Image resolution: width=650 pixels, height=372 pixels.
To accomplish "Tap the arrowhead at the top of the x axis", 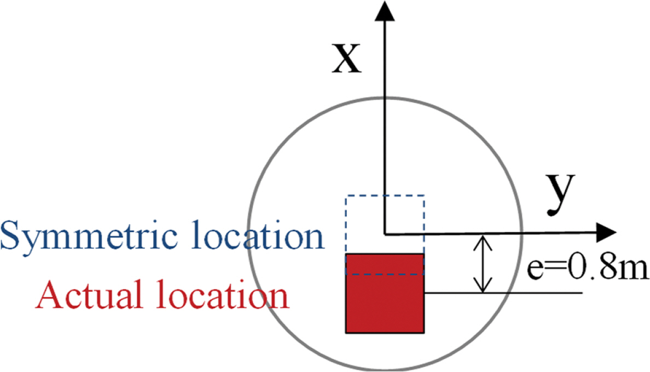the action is tap(385, 10).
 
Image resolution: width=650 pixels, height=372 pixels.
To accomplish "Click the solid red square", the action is tap(385, 293).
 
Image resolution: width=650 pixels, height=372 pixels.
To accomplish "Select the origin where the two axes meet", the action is tap(386, 234).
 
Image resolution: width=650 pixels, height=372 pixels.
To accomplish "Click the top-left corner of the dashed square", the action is tap(346, 195).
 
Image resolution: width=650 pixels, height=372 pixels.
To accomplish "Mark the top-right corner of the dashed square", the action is tap(424, 195).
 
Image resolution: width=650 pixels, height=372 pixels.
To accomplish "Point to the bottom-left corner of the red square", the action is tap(346, 333).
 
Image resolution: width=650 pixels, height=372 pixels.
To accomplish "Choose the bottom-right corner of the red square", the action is tap(424, 333).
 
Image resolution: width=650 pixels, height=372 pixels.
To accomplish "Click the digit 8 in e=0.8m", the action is tap(607, 268).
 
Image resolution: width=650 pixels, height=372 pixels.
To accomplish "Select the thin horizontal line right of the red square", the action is tap(504, 293).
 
